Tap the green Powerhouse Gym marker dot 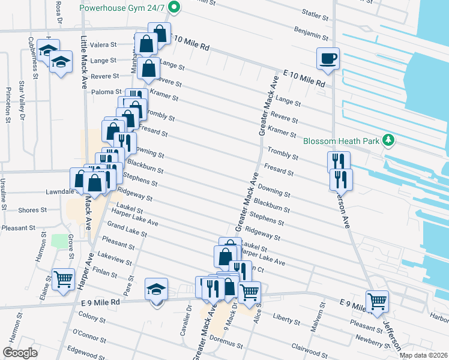click(x=174, y=8)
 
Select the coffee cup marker click(x=328, y=59)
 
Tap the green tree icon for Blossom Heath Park click(x=389, y=140)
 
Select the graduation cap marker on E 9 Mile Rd click(x=156, y=290)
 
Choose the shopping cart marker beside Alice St click(x=249, y=292)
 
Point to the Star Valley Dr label click(x=22, y=98)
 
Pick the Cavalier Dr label click(x=188, y=317)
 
